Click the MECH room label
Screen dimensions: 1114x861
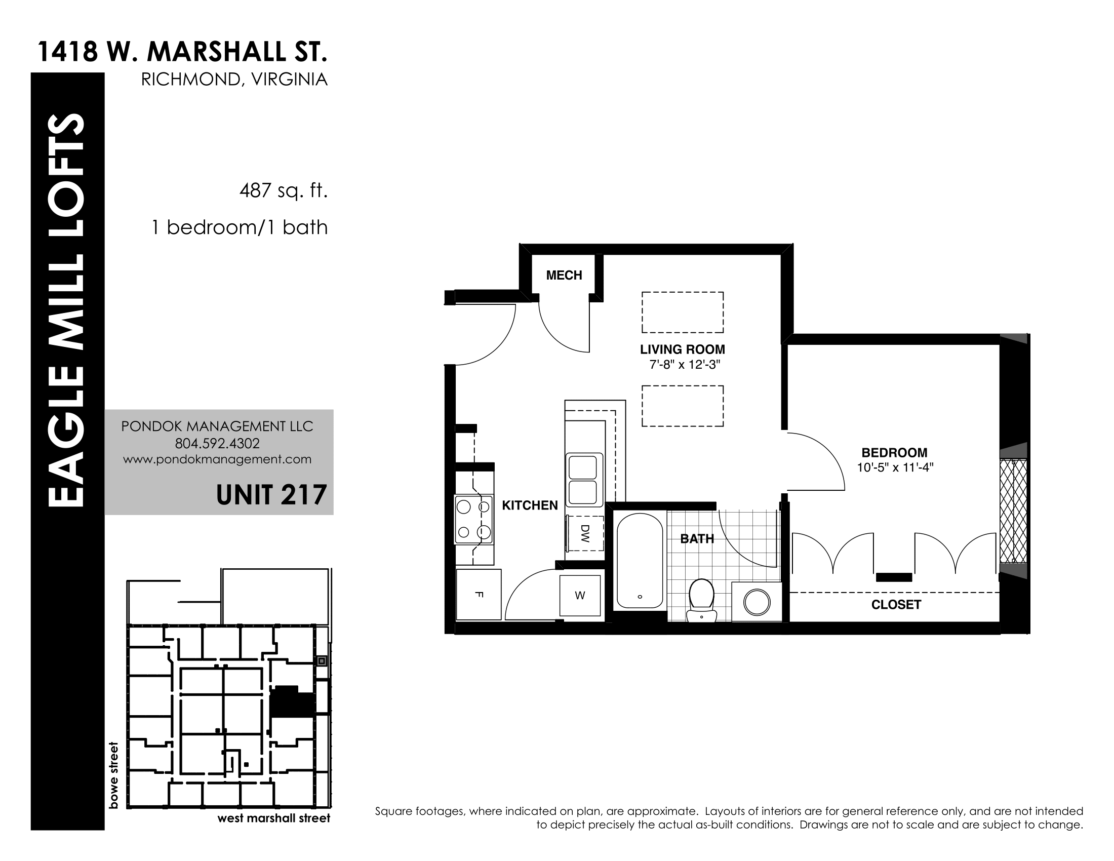[x=564, y=276]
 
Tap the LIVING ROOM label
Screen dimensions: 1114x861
[x=683, y=349]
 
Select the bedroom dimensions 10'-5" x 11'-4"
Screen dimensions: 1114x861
[x=895, y=467]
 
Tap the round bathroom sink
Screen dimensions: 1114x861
[x=757, y=602]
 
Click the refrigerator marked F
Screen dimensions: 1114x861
[x=479, y=594]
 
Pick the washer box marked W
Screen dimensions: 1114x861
[x=580, y=595]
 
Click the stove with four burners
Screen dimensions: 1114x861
[x=474, y=519]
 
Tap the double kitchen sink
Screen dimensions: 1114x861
[x=583, y=480]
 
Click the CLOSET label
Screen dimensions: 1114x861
[x=896, y=605]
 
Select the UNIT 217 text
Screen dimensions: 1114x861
[x=271, y=495]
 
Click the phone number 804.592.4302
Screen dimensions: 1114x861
[x=217, y=443]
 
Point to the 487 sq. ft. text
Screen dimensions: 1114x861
[x=283, y=191]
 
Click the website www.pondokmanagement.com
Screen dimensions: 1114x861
[x=217, y=459]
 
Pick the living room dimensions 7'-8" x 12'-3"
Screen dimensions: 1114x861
[x=683, y=365]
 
